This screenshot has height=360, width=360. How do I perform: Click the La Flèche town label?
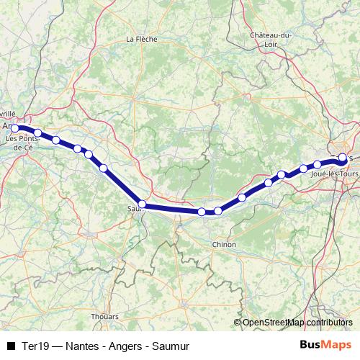point(140,39)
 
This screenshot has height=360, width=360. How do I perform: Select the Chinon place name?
point(224,245)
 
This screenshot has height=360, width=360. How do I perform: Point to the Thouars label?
point(104,316)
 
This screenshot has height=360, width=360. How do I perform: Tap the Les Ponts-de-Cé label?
point(19,142)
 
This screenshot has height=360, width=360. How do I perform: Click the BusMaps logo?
point(326,344)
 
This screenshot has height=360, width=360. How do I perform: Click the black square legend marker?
point(10,345)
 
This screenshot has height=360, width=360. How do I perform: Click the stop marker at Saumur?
point(143,204)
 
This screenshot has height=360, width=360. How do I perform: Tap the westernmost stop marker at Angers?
point(15,128)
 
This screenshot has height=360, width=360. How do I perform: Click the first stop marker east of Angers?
point(37,132)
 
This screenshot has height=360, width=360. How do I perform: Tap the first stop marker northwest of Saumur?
point(104,168)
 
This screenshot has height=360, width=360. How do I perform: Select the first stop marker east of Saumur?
point(202,212)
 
